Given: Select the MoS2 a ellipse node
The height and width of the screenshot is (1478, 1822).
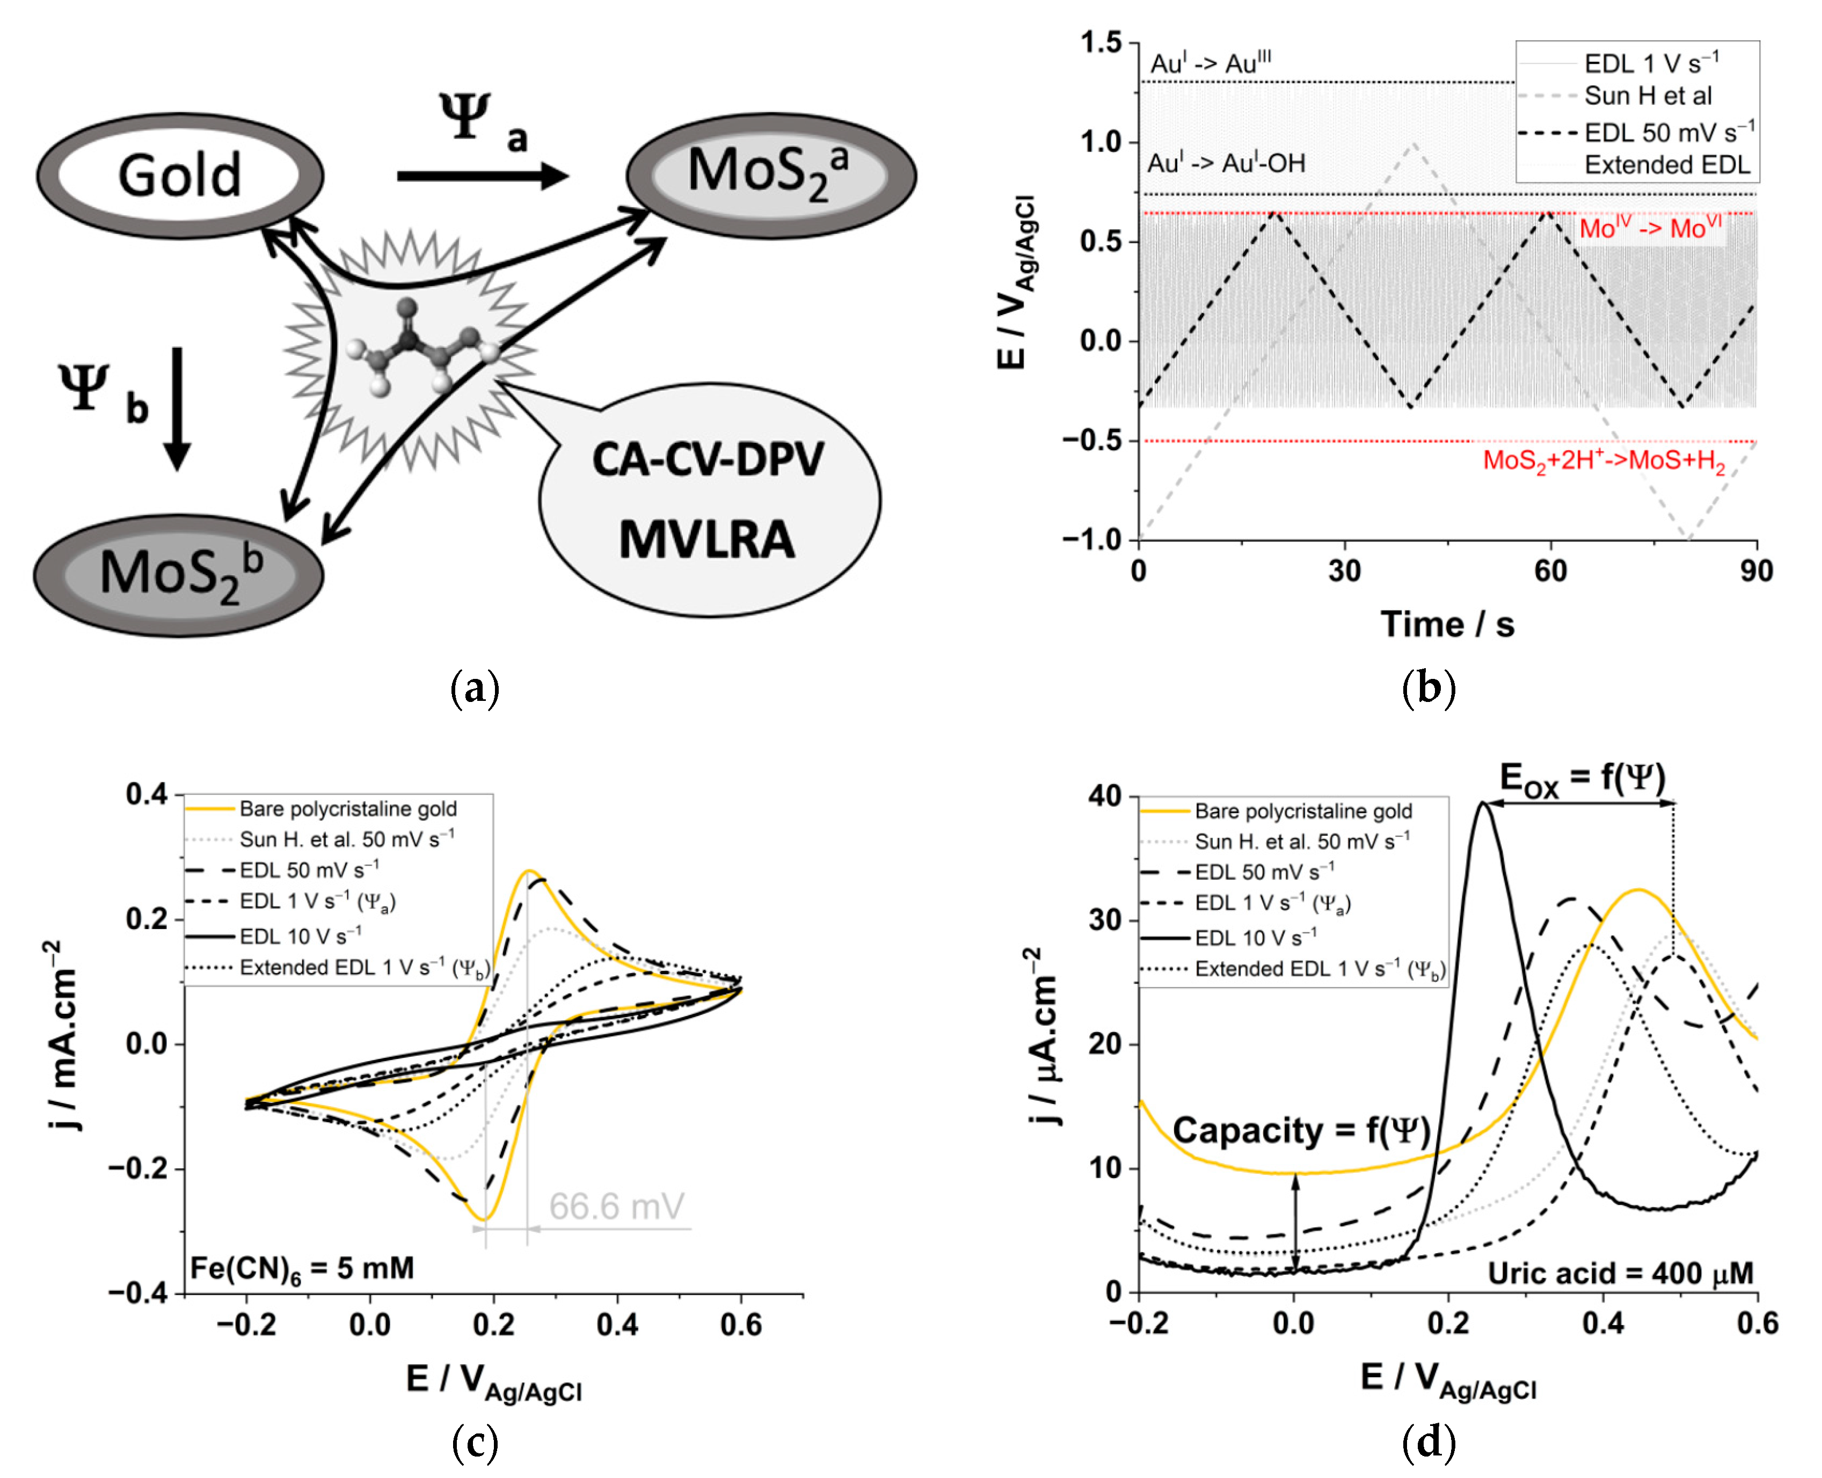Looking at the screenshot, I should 770,174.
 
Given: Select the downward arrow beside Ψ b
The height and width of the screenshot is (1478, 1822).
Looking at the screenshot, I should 177,408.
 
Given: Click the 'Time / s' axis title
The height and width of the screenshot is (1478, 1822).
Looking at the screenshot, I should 1447,624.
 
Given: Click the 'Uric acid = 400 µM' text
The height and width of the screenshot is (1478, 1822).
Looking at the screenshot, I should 1620,1273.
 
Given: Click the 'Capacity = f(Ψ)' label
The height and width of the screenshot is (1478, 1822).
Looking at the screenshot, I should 1300,1131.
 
